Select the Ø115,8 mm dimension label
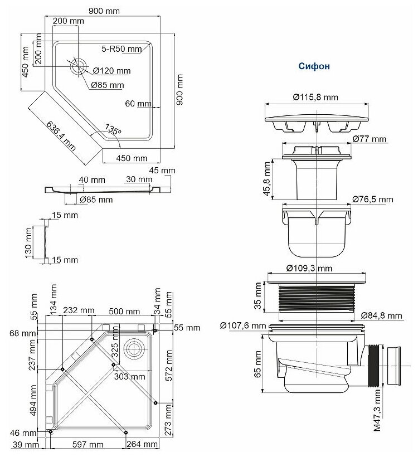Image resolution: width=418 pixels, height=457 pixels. coord(315,97)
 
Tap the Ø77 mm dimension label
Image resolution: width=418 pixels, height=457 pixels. coord(371,138)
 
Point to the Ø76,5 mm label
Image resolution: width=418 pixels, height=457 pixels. coord(373,199)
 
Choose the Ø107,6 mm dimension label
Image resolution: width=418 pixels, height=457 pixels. coord(243,325)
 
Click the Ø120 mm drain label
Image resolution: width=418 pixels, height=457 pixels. coord(111,71)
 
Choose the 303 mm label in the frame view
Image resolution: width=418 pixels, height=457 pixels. coord(129,376)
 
